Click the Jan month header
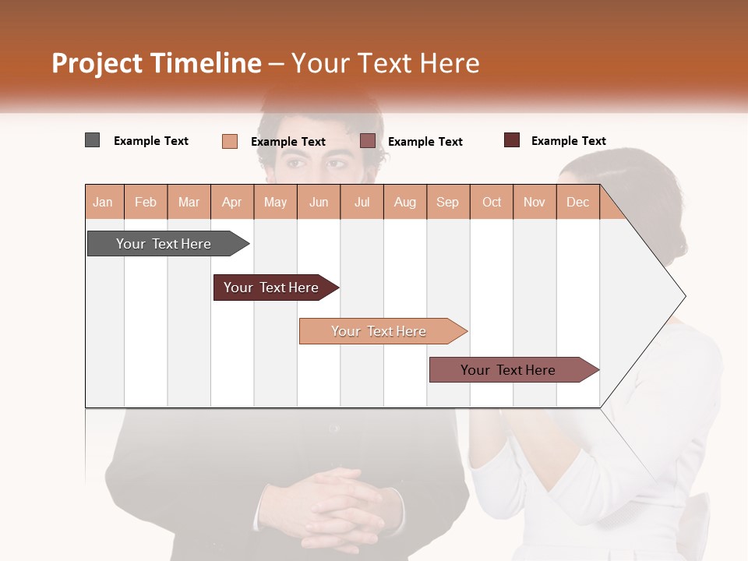[x=103, y=203]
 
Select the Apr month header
[x=231, y=203]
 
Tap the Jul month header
[x=362, y=203]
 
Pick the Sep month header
[x=447, y=203]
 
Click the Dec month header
[x=577, y=203]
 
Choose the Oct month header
[x=492, y=203]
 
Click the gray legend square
[x=92, y=140]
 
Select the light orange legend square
[x=229, y=141]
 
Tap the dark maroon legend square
[x=511, y=140]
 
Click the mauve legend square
[x=368, y=141]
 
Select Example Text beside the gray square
[x=150, y=141]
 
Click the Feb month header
[x=146, y=203]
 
